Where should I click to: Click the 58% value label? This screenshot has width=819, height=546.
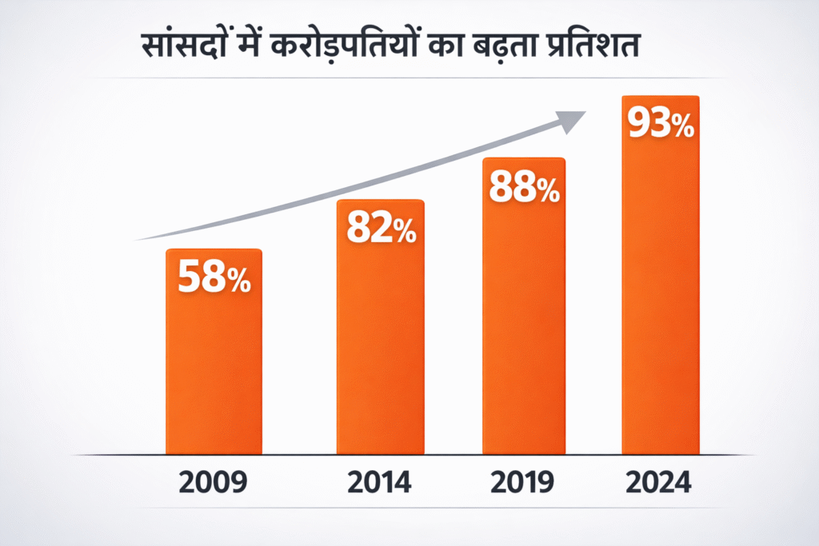214,277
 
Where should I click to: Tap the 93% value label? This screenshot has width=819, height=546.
660,124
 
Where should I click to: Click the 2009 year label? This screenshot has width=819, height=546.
214,483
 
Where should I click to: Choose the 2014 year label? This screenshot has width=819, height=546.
380,483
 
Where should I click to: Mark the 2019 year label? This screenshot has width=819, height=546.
524,483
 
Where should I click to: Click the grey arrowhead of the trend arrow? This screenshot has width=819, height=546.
569,121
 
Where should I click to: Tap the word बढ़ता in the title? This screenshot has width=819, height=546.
529,47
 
